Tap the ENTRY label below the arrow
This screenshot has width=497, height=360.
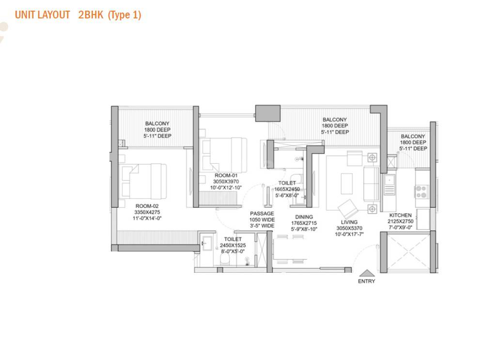(366, 281)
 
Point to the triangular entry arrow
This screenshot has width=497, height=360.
(366, 273)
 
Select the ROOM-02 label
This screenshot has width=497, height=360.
(147, 206)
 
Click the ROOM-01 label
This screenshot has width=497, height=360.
(226, 175)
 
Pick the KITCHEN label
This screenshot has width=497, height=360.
(401, 215)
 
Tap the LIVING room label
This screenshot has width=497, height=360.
(349, 222)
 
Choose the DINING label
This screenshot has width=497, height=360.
(304, 217)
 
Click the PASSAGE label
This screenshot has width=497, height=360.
(262, 214)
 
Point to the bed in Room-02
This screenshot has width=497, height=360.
(143, 180)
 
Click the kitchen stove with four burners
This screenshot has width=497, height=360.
(421, 191)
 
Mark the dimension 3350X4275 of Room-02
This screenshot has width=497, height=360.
(147, 212)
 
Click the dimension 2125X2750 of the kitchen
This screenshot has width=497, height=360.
(401, 221)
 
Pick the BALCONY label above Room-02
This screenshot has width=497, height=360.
(157, 124)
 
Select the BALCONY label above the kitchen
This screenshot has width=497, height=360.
(413, 137)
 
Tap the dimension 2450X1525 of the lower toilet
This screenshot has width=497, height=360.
(233, 245)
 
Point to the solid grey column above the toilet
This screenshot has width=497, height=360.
(268, 114)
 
